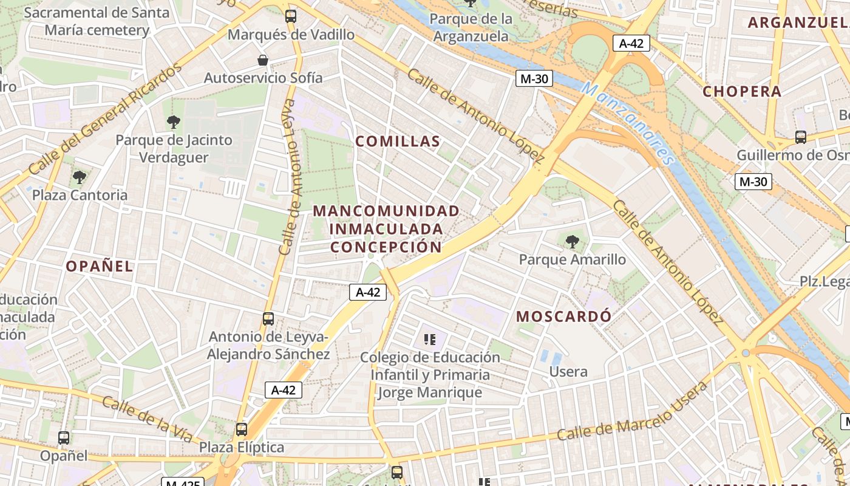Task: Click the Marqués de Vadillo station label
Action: (x=291, y=35)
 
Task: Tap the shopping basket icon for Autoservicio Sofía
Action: (x=263, y=60)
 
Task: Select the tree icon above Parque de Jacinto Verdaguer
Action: (x=174, y=122)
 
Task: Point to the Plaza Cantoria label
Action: (x=80, y=195)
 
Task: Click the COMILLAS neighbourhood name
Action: (x=398, y=142)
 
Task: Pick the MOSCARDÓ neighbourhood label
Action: (x=564, y=317)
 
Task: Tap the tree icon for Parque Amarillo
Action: (x=572, y=242)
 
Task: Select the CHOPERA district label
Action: (x=742, y=92)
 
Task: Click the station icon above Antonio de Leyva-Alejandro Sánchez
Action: (x=268, y=318)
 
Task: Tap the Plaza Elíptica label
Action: (x=242, y=448)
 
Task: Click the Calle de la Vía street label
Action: (x=147, y=419)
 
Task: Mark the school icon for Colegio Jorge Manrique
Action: (x=430, y=340)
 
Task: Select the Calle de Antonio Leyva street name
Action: (x=290, y=176)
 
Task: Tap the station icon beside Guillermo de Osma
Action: (x=800, y=137)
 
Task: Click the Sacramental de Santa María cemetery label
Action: (x=97, y=21)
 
